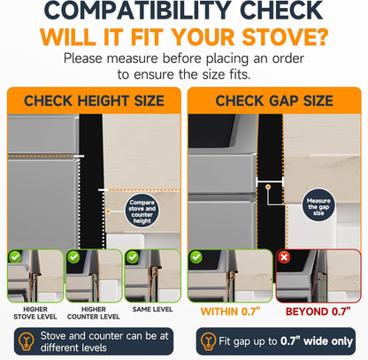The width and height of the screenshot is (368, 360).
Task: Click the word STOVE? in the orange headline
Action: [x=285, y=37]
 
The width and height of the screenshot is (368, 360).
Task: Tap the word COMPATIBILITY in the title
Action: [x=137, y=11]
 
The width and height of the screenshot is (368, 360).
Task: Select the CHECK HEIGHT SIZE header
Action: [x=94, y=101]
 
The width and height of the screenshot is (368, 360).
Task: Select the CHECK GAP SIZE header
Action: [x=274, y=101]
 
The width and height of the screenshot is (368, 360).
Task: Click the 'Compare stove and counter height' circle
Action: [x=142, y=211]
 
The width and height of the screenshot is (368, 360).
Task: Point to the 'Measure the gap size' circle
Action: [x=318, y=205]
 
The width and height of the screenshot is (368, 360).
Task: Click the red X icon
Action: [x=284, y=257]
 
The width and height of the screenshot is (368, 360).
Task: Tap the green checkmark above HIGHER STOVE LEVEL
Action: [x=15, y=257]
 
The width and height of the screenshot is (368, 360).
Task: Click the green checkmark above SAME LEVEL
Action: [x=133, y=257]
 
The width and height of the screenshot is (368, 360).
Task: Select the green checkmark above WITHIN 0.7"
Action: [x=196, y=257]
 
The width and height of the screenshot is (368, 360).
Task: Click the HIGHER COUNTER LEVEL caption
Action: [x=94, y=313]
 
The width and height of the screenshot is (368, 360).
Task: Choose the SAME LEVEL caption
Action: [x=152, y=310]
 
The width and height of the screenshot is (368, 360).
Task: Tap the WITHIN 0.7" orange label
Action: [x=230, y=311]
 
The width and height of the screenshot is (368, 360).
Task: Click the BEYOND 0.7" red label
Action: [x=318, y=311]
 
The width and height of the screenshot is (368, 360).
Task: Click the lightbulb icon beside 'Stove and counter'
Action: [x=27, y=341]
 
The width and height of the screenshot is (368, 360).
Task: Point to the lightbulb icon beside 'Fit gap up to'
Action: [x=209, y=341]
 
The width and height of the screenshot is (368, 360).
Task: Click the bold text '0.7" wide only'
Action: [x=317, y=341]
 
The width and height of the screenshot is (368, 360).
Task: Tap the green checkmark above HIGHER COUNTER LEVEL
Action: [x=73, y=257]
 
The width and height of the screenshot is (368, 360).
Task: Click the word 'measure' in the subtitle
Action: [x=132, y=58]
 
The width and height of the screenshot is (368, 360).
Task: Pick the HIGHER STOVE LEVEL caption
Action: [x=35, y=313]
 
